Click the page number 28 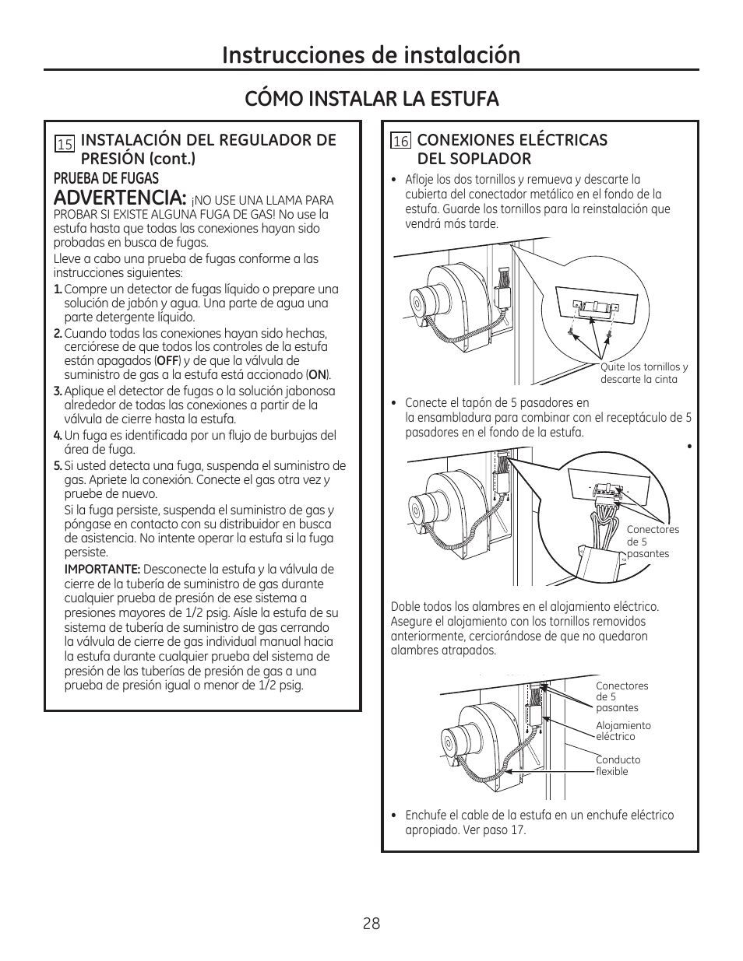coord(371,924)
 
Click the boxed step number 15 coord(65,144)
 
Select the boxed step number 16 coord(401,142)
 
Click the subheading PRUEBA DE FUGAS coord(106,178)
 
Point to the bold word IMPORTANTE coord(102,570)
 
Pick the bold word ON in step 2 coord(317,375)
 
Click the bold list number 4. coord(58,436)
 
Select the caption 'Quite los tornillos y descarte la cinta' coord(643,374)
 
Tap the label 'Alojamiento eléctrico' coord(623,731)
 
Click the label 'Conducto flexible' coord(618,766)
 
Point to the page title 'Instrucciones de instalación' coord(371,54)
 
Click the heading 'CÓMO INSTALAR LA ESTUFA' coord(371,99)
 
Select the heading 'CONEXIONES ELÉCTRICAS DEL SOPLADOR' coord(512,149)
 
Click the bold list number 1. coord(58,289)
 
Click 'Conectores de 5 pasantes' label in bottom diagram coord(622,696)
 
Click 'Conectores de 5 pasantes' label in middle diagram coord(653,542)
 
